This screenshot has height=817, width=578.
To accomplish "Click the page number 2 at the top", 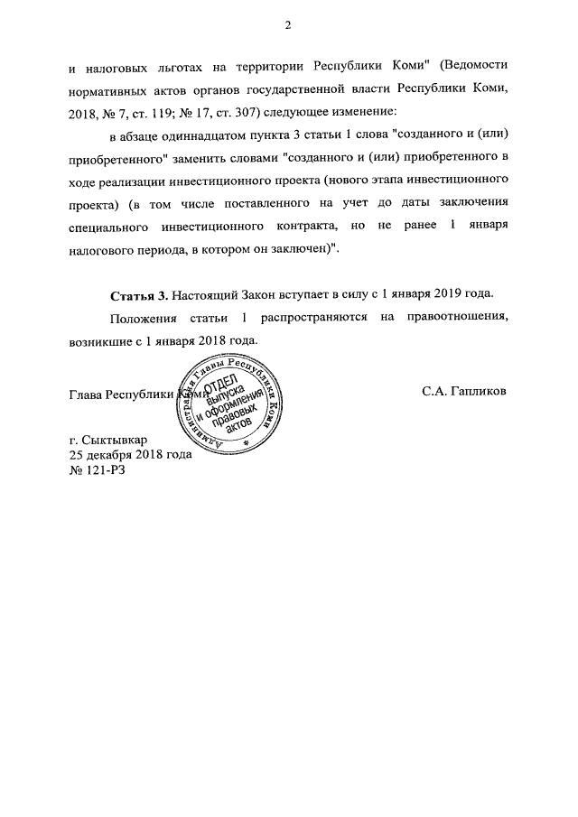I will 288,24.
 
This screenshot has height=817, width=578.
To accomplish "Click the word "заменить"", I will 221,160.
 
